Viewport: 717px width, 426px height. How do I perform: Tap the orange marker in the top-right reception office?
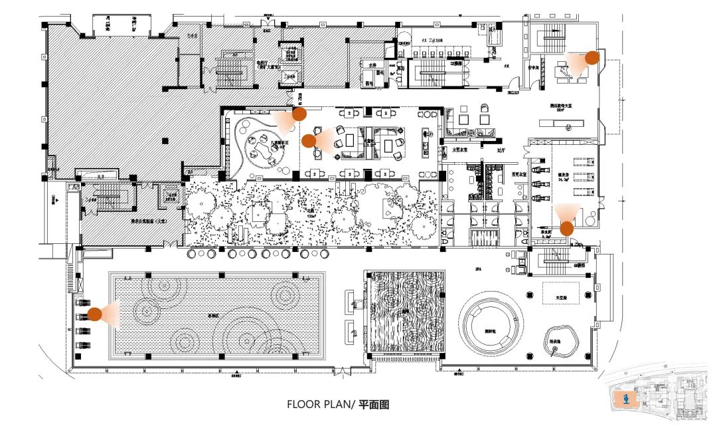pyautogui.click(x=592, y=58)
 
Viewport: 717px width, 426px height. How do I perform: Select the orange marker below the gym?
pyautogui.click(x=566, y=229)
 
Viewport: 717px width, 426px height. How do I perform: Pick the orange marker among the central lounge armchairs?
pyautogui.click(x=308, y=140)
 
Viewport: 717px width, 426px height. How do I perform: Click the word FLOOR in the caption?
pyautogui.click(x=301, y=404)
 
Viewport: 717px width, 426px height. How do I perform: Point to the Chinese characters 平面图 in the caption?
pyautogui.click(x=374, y=404)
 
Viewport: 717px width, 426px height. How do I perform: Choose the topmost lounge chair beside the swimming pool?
pyautogui.click(x=82, y=300)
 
